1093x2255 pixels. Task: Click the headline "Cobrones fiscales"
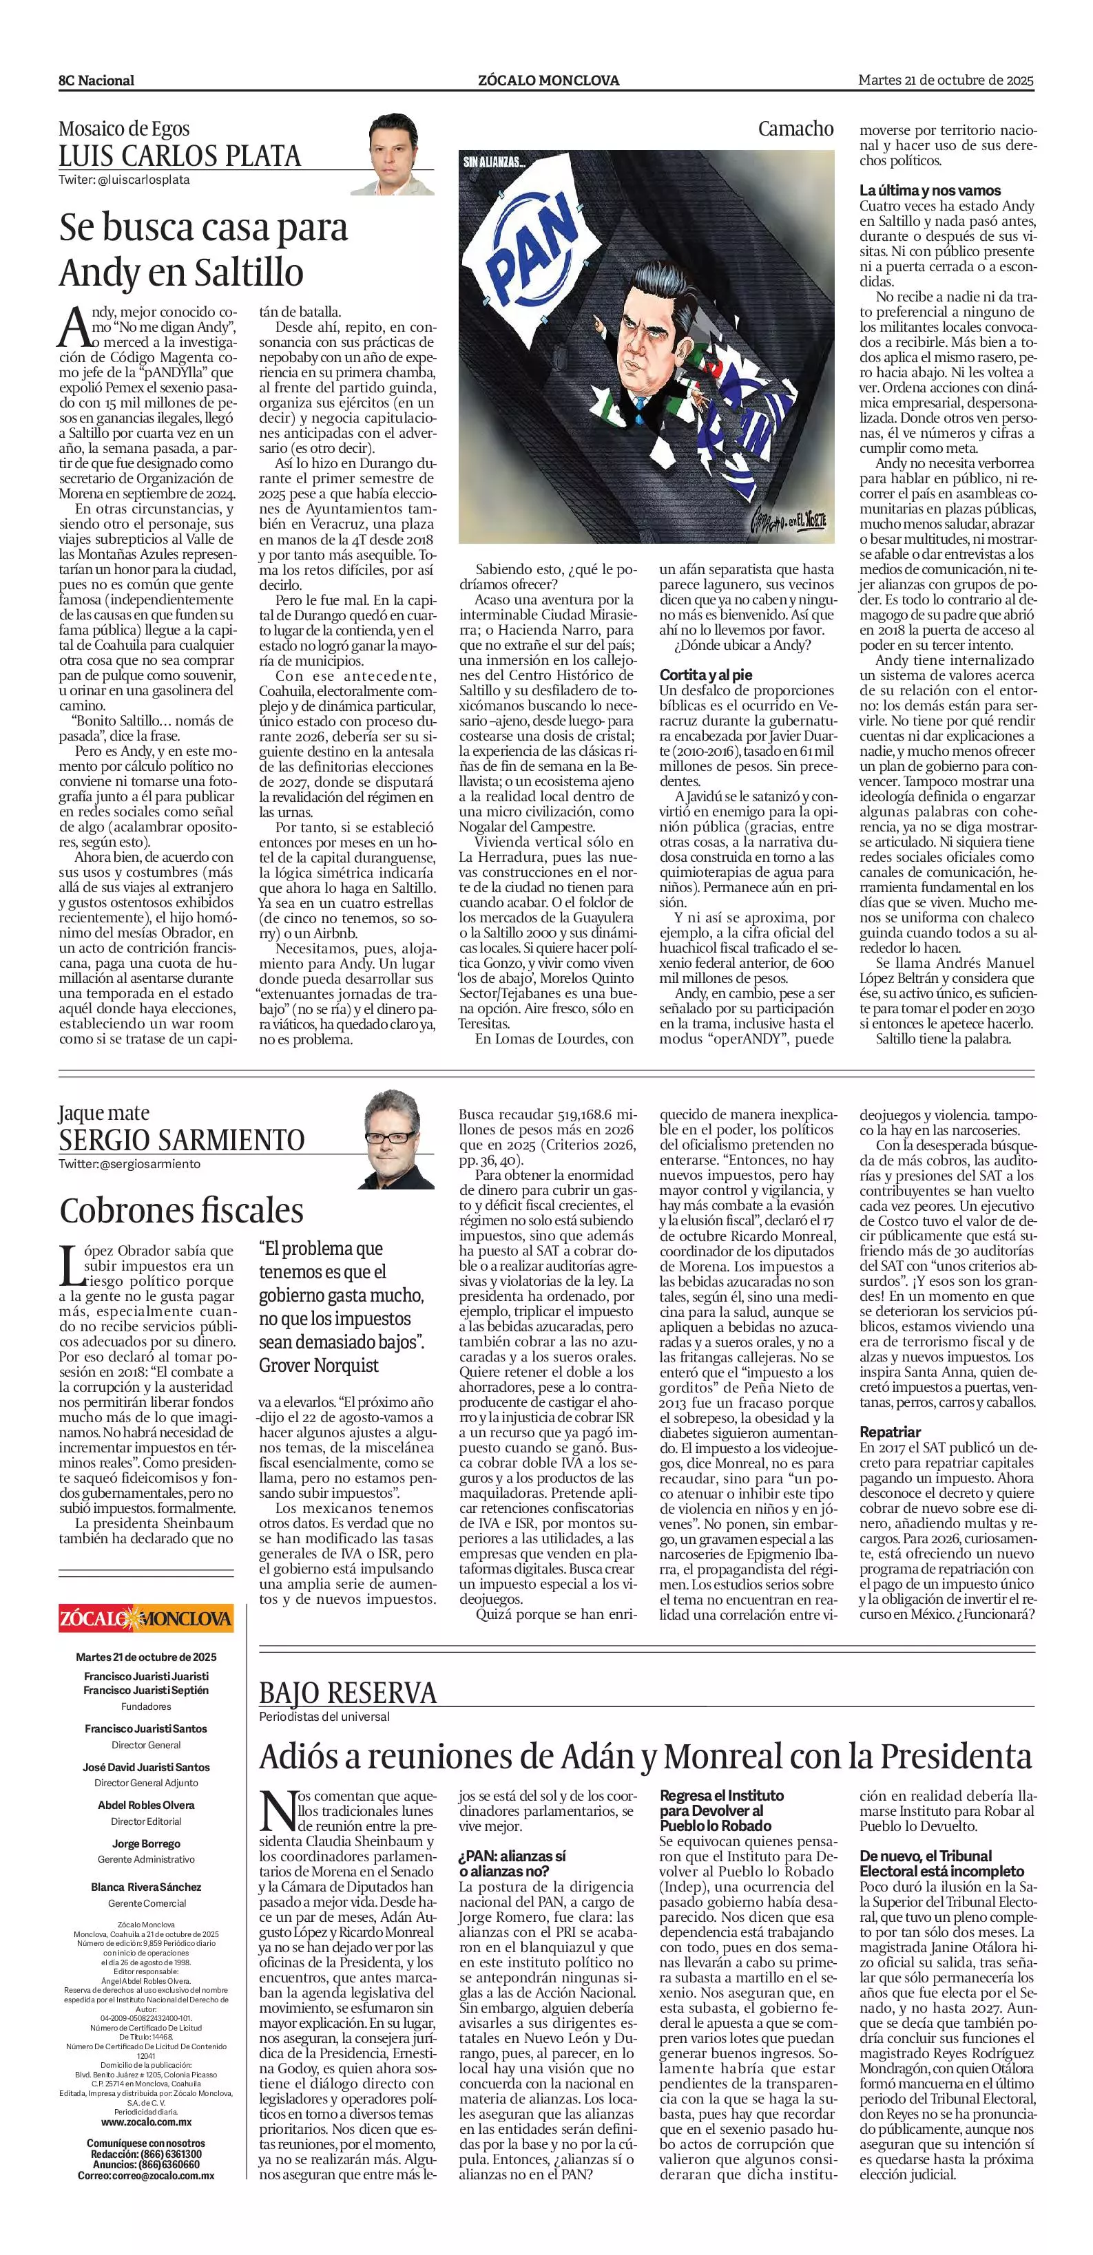click(181, 1211)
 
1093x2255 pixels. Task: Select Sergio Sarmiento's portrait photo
click(399, 1139)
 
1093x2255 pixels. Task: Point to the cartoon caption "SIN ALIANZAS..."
click(495, 162)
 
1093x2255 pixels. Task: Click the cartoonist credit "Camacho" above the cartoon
click(795, 129)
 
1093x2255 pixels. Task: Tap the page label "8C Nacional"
click(96, 81)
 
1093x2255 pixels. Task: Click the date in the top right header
click(946, 80)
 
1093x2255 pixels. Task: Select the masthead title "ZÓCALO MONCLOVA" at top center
click(548, 81)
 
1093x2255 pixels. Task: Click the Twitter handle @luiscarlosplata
click(125, 180)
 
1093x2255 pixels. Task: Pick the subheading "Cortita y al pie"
click(706, 675)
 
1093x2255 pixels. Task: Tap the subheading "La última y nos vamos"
click(929, 190)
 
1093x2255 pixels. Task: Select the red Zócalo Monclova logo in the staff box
click(146, 1618)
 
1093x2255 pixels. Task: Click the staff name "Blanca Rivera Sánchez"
click(146, 1887)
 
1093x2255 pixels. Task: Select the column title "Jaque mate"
click(103, 1112)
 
